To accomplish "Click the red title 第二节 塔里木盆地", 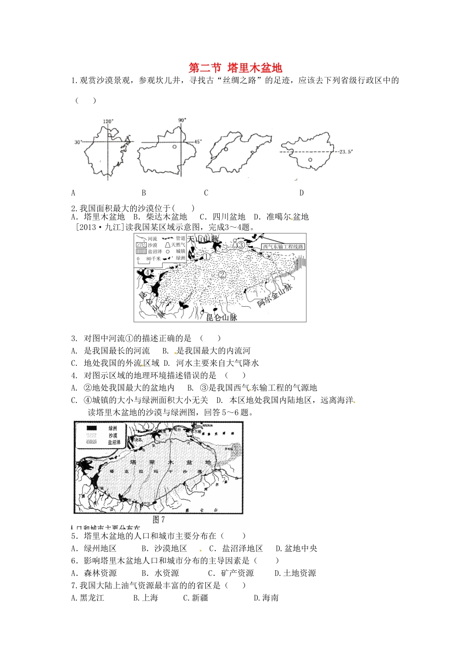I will point(235,67).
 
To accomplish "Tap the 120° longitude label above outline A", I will point(108,121).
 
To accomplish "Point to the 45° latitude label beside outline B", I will point(197,142).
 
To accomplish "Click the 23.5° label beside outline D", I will point(346,152).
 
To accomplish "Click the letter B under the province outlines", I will point(144,193).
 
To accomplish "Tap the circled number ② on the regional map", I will point(222,274).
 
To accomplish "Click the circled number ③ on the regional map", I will point(240,245).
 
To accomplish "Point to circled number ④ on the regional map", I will point(148,272).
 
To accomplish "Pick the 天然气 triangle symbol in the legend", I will point(168,245).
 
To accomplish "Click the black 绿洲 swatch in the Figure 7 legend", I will point(92,428).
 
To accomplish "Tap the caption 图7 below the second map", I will point(159,520).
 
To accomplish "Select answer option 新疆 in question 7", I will point(196,598).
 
